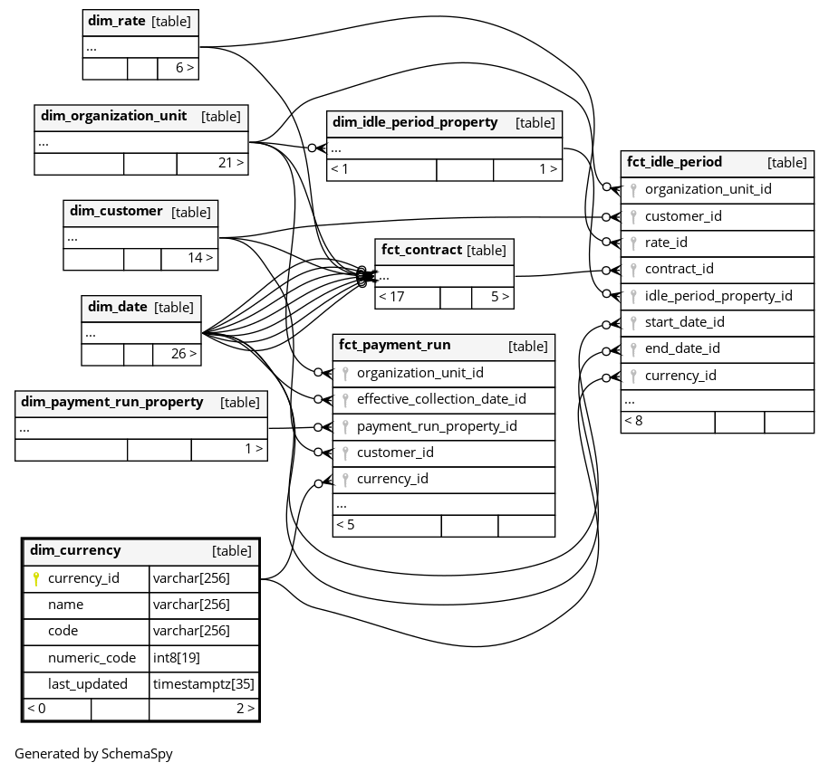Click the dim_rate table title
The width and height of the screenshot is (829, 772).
(x=117, y=21)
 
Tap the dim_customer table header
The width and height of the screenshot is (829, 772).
(x=116, y=212)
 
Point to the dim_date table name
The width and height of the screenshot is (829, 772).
(x=118, y=307)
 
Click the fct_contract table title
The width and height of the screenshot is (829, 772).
(x=422, y=250)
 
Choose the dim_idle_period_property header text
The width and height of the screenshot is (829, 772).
(x=415, y=122)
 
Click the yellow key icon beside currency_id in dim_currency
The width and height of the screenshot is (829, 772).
(x=36, y=578)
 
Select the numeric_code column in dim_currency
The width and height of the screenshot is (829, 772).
(x=92, y=658)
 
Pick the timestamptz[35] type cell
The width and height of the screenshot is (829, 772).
(x=203, y=684)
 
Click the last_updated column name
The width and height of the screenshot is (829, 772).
(x=88, y=684)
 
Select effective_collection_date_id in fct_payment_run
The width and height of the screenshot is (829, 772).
(x=441, y=399)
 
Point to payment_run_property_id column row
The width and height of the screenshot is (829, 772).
(x=437, y=426)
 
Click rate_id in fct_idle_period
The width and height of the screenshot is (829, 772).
(x=666, y=243)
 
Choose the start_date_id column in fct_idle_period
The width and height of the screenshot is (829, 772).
(x=684, y=322)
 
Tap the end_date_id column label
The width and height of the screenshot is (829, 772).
(x=682, y=348)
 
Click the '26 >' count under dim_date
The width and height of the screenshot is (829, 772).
(x=183, y=354)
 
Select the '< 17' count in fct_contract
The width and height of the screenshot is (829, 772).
(x=391, y=297)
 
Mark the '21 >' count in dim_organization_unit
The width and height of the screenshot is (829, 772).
(x=231, y=163)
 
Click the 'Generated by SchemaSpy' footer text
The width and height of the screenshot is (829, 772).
(x=93, y=753)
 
